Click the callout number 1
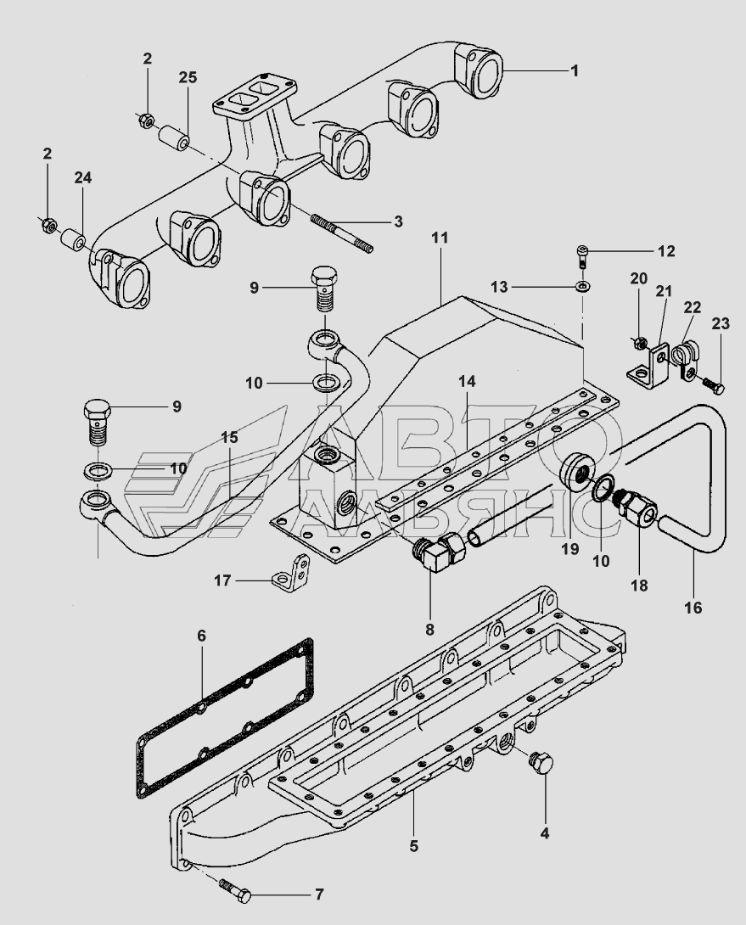pyautogui.click(x=575, y=70)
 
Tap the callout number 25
pyautogui.click(x=188, y=77)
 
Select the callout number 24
pyautogui.click(x=82, y=177)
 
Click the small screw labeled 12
pyautogui.click(x=583, y=256)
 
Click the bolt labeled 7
pyautogui.click(x=236, y=890)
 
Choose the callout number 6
pyautogui.click(x=201, y=636)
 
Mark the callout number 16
pyautogui.click(x=694, y=607)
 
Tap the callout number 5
pyautogui.click(x=413, y=846)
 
